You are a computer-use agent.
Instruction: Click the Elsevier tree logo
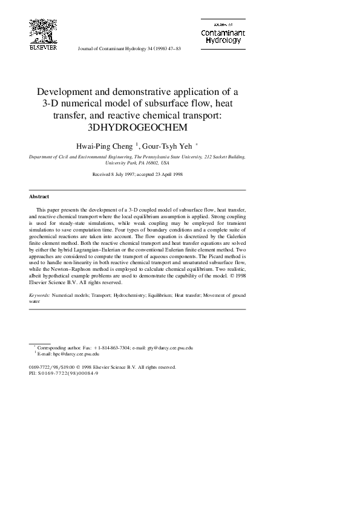coord(43,30)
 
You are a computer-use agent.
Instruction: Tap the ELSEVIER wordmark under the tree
coord(43,47)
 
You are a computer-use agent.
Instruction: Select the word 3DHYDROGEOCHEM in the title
coord(138,127)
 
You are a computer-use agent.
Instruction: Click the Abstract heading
coord(39,197)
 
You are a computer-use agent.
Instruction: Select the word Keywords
coord(39,296)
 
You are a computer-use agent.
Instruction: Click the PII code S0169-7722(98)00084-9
coord(68,373)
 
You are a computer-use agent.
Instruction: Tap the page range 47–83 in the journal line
coord(172,48)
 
